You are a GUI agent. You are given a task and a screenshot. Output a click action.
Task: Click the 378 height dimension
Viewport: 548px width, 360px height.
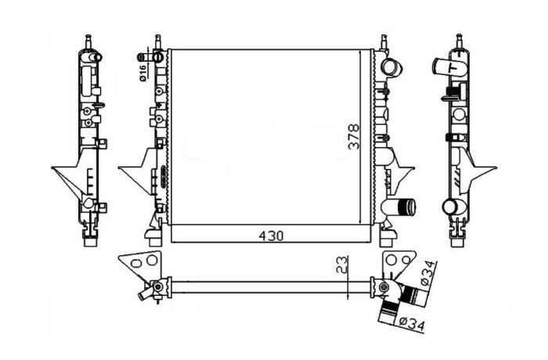click(x=354, y=136)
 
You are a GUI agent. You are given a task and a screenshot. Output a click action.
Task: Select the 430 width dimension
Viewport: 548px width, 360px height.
click(x=271, y=236)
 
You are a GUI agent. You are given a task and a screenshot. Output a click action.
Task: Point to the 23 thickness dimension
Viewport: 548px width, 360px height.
click(x=343, y=265)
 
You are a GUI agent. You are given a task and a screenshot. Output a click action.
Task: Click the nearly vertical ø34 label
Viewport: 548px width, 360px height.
click(x=429, y=273)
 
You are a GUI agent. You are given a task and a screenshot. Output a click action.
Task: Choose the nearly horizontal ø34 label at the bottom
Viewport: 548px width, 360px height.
click(x=412, y=323)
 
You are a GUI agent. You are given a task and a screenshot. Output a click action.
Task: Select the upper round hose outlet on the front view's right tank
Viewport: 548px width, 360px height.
click(x=391, y=67)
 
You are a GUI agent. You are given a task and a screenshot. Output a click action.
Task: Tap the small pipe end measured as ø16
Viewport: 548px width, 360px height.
click(x=141, y=57)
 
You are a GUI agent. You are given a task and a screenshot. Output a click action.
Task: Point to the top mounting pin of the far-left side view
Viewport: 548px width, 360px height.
click(x=88, y=42)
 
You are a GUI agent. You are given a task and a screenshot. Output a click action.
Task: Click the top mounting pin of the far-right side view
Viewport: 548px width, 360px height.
click(x=460, y=41)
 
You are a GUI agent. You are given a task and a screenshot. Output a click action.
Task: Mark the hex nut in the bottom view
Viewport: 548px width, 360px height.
click(x=385, y=287)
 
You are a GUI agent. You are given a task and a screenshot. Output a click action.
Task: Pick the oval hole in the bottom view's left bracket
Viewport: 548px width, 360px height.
click(x=135, y=262)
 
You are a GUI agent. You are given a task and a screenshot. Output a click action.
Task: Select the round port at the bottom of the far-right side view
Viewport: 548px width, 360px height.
click(x=450, y=206)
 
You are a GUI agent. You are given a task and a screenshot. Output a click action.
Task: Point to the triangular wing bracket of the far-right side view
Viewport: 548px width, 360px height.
click(x=479, y=171)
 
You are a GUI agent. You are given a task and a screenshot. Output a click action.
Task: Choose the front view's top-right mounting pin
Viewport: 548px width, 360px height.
click(x=384, y=42)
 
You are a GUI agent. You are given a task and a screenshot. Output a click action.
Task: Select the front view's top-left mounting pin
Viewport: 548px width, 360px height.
click(x=157, y=42)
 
